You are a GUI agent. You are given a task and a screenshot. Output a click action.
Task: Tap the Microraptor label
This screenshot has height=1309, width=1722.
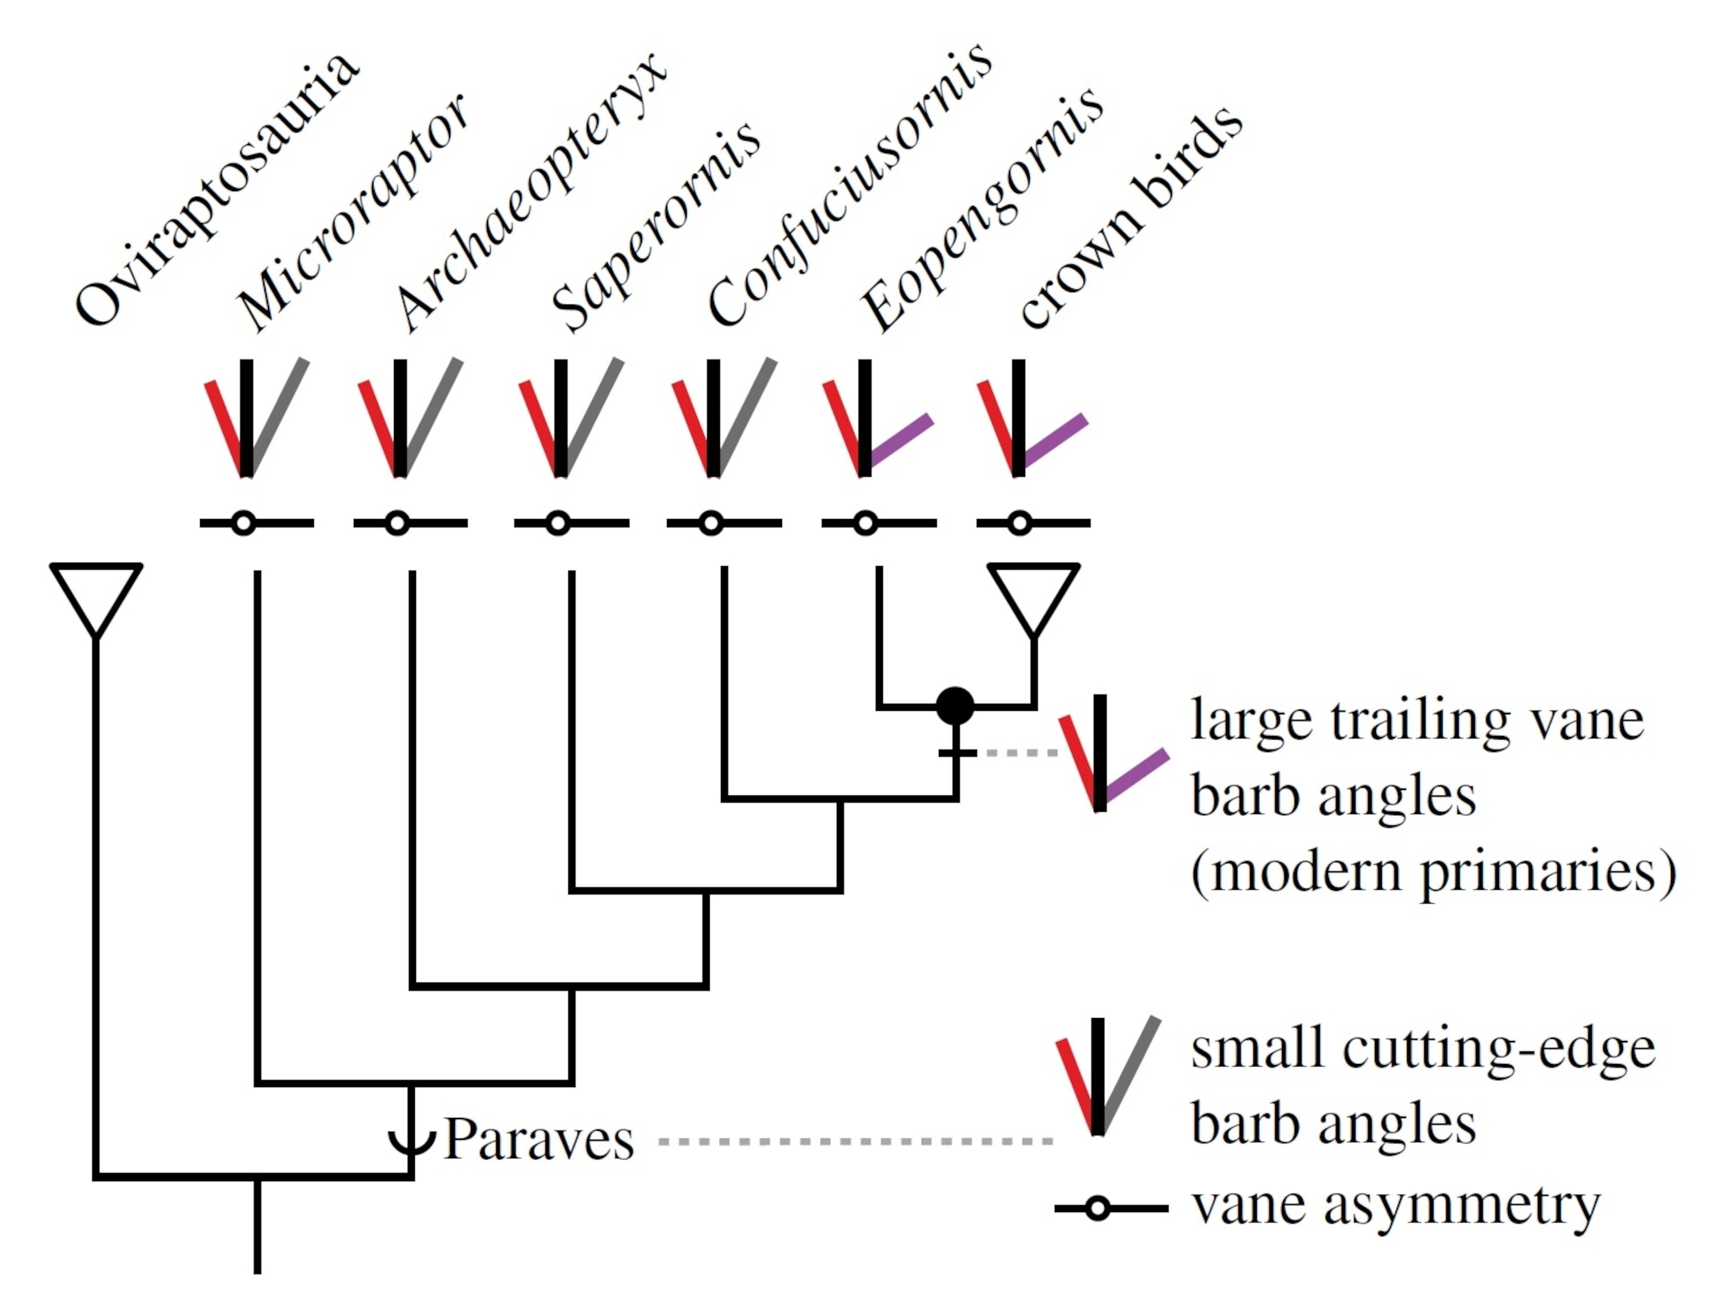coord(354,214)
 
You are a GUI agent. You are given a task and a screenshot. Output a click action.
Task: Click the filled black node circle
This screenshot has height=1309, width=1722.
coord(955,706)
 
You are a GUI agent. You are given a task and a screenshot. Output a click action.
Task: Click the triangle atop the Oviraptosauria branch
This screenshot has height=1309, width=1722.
coord(96,594)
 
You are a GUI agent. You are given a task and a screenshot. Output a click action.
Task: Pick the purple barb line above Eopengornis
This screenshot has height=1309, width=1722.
coord(901,442)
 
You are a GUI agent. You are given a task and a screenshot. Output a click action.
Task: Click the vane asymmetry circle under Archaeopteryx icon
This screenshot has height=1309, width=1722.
coord(397,524)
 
